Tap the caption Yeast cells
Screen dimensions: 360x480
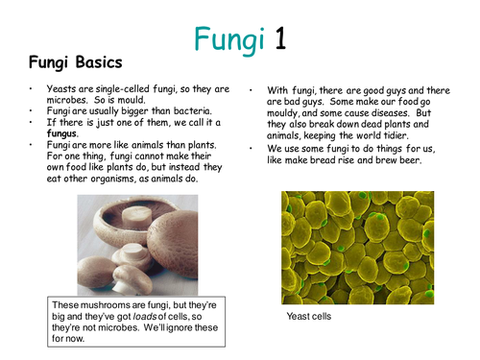coord(309,315)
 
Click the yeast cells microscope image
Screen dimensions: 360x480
coord(352,247)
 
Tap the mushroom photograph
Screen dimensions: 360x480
coord(145,245)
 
